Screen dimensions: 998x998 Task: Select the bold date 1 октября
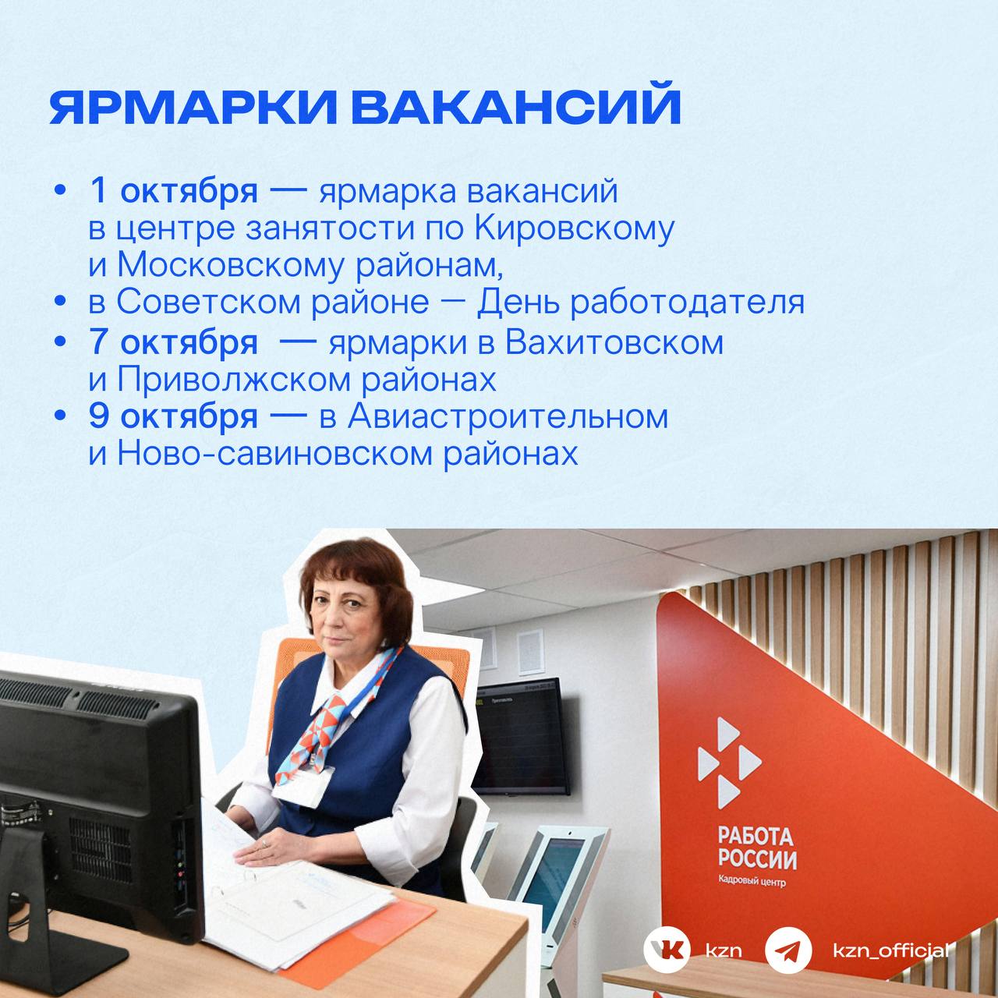[x=174, y=191]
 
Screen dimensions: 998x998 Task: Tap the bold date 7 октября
[x=174, y=342]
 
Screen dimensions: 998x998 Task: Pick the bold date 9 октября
[x=174, y=417]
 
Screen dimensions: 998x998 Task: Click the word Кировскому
[x=574, y=229]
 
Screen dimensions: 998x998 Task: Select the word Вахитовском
[x=614, y=342]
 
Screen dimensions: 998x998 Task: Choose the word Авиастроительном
[x=508, y=417]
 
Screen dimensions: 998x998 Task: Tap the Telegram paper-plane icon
[x=788, y=950]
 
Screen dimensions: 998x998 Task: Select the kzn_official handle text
[x=891, y=950]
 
